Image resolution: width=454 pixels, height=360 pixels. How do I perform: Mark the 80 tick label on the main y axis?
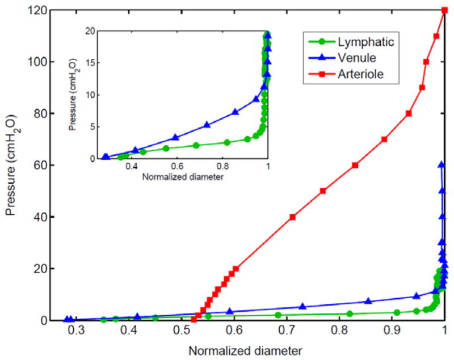tap(36, 113)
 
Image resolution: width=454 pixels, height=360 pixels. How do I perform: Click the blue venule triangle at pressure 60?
tap(441, 165)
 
